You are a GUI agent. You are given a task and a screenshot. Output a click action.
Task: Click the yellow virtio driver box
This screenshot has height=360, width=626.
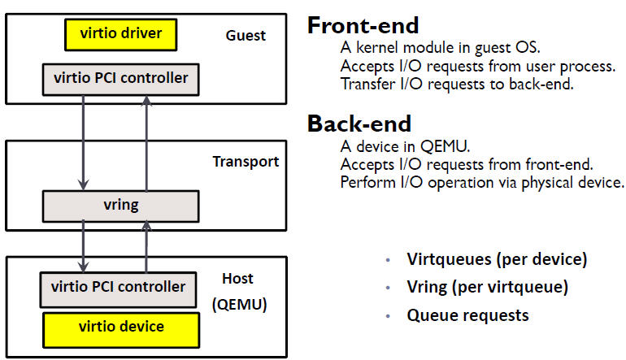[x=121, y=34]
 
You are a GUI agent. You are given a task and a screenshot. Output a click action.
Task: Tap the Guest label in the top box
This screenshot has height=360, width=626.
[x=246, y=36]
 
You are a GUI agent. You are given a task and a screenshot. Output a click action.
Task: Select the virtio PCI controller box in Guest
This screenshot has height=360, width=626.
[x=120, y=79]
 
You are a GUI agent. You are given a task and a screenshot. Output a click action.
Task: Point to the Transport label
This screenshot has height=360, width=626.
[x=246, y=162]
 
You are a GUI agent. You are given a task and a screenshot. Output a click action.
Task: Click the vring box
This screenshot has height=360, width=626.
[x=120, y=206]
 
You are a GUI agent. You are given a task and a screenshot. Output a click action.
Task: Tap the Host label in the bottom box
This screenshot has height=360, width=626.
[x=237, y=279]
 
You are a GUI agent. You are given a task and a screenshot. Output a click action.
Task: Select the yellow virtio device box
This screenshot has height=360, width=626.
[x=121, y=327]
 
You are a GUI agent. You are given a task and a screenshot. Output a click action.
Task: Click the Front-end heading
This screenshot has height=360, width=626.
[x=363, y=25]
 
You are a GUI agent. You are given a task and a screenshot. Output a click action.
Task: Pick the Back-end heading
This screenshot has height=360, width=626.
[x=359, y=124]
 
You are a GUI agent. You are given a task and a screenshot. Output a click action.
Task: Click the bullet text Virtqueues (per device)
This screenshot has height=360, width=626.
[x=497, y=259]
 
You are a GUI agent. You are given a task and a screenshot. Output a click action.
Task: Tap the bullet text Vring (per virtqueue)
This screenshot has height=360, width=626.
[x=487, y=287]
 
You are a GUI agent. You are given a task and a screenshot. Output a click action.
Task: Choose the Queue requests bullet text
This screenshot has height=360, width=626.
[x=467, y=314]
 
